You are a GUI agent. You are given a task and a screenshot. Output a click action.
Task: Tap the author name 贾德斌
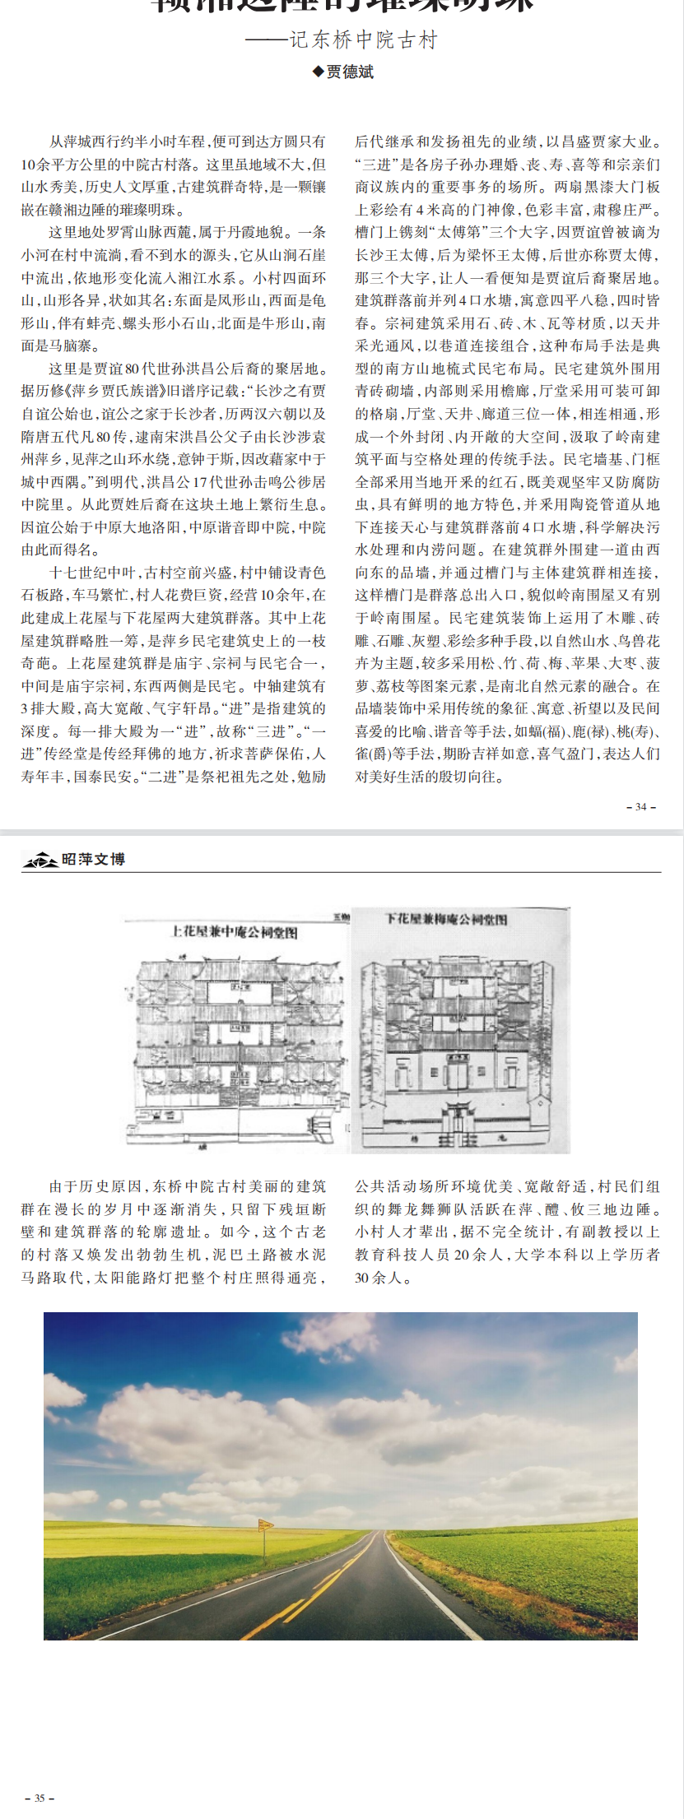coord(350,72)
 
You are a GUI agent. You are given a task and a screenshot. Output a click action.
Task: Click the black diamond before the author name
coord(318,72)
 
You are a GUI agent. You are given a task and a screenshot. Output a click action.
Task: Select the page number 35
coord(40,1798)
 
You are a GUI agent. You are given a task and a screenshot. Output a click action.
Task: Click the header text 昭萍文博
coord(94,860)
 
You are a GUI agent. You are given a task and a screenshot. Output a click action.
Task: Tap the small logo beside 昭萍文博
coord(40,861)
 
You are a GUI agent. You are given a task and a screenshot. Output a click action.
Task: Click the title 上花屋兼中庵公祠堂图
coord(234,932)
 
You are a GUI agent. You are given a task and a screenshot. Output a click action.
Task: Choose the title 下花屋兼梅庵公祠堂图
coord(446,919)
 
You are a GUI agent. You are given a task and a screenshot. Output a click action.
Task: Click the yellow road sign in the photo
coord(265,1524)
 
